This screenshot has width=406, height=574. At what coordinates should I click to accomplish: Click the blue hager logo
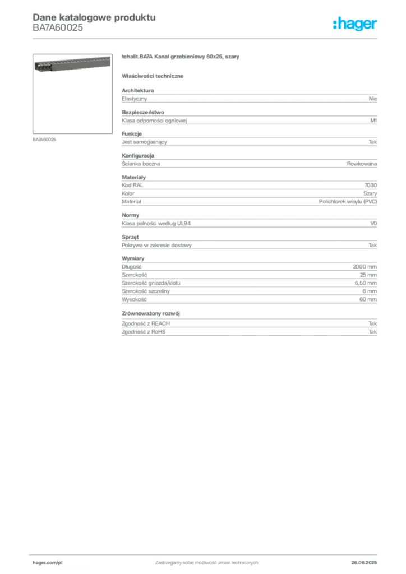click(x=356, y=25)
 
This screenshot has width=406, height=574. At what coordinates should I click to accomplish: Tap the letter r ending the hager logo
click(x=376, y=25)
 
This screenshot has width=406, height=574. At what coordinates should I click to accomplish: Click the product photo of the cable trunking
click(x=70, y=65)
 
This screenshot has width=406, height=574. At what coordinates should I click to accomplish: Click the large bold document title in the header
click(x=93, y=17)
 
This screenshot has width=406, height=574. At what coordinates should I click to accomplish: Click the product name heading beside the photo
click(x=182, y=58)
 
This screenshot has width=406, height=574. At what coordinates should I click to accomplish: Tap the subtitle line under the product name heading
click(x=154, y=76)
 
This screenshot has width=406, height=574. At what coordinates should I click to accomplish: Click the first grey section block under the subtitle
click(x=248, y=98)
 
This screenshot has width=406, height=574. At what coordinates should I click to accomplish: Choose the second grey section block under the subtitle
click(x=248, y=119)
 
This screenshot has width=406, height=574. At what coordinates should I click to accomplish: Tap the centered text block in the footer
click(x=206, y=560)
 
